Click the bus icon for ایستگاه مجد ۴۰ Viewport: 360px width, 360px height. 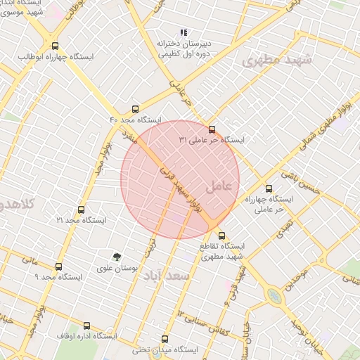[x=136, y=109]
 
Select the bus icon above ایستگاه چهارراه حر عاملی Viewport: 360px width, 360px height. [x=269, y=188]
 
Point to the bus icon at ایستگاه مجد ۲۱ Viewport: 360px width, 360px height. [x=81, y=210]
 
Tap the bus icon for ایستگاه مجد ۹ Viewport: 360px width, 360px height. [x=58, y=266]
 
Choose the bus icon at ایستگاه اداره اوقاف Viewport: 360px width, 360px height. [x=86, y=326]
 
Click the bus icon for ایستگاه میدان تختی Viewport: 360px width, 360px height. [x=165, y=339]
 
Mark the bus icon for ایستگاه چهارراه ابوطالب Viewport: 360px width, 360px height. [x=56, y=46]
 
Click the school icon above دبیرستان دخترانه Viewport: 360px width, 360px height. [x=184, y=32]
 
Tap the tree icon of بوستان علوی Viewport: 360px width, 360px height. [x=117, y=257]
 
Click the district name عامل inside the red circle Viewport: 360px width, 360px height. [x=223, y=186]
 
